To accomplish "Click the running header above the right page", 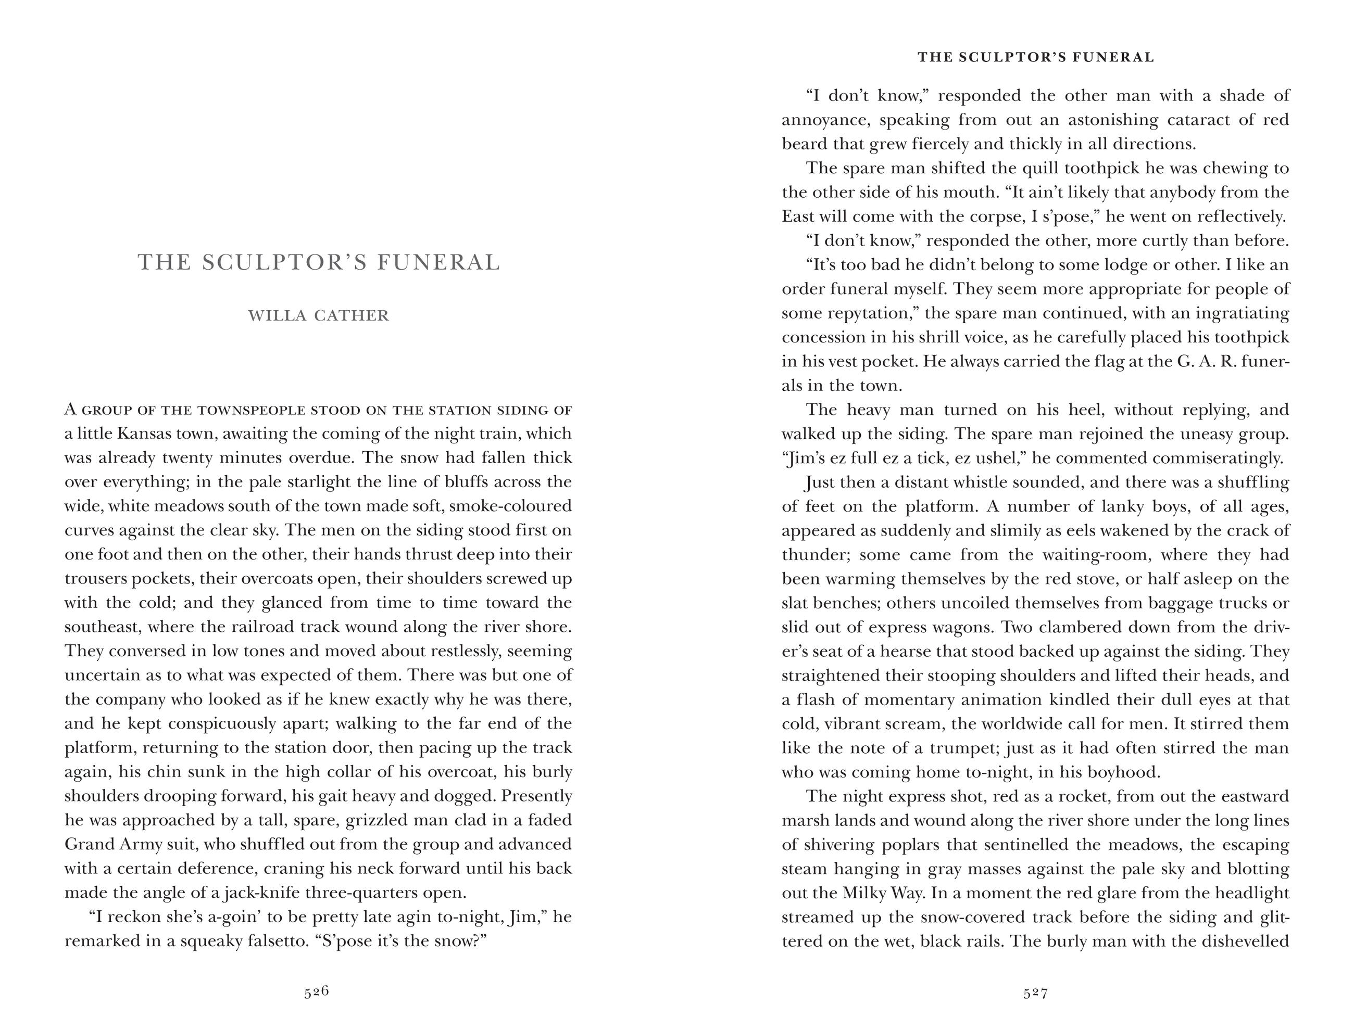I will click(x=1036, y=57).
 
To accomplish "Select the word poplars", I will click(x=911, y=845).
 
